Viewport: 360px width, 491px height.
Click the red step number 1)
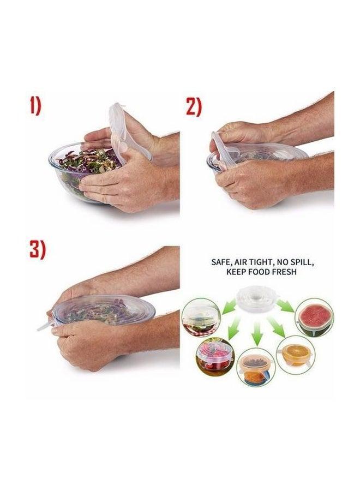(x=35, y=105)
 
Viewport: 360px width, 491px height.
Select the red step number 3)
(x=37, y=249)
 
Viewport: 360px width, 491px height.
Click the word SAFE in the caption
(x=223, y=262)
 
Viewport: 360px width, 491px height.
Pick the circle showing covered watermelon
(x=314, y=318)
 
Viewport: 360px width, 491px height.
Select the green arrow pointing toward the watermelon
(x=286, y=307)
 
